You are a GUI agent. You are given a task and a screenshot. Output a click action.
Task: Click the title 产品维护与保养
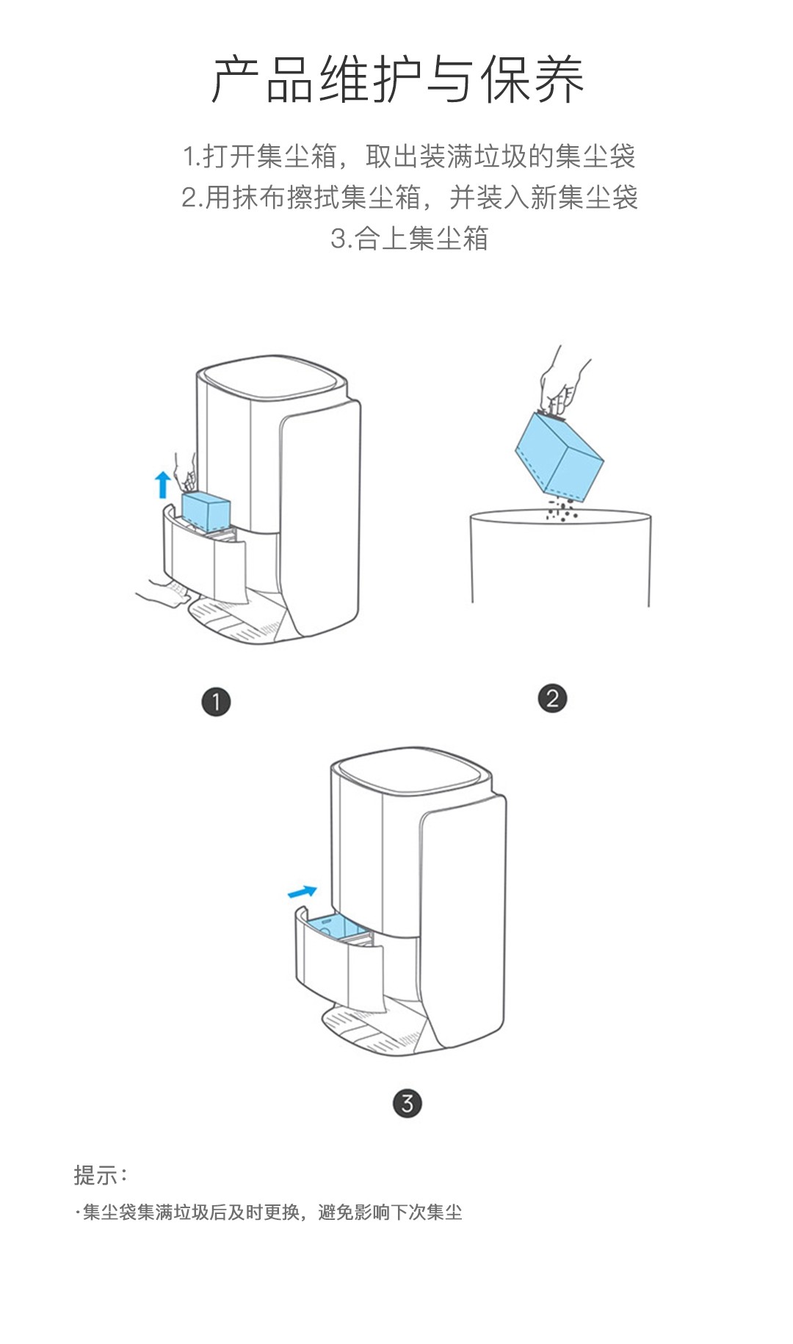click(x=397, y=79)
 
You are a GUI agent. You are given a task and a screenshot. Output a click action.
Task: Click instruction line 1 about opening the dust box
click(x=409, y=156)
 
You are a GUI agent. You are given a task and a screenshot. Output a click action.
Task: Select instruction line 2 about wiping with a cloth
click(x=410, y=198)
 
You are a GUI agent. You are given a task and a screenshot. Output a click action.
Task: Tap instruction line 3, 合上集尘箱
click(x=410, y=239)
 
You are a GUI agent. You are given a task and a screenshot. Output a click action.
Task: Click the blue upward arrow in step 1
click(x=163, y=485)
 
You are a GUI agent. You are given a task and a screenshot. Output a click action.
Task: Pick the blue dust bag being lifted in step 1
click(x=206, y=511)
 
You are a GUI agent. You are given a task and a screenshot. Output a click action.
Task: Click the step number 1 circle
click(x=216, y=701)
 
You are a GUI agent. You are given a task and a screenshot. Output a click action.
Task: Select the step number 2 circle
click(x=552, y=698)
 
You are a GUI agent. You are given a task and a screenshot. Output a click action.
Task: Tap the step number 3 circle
click(x=408, y=1102)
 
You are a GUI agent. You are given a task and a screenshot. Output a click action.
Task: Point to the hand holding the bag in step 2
click(x=562, y=382)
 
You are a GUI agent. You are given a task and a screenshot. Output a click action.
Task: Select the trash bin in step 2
click(x=560, y=558)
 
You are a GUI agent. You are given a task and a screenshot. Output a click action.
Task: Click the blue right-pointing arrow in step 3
click(x=303, y=892)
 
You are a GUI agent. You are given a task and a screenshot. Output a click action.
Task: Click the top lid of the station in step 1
click(x=275, y=379)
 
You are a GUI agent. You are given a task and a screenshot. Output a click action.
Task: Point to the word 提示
click(x=95, y=1175)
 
